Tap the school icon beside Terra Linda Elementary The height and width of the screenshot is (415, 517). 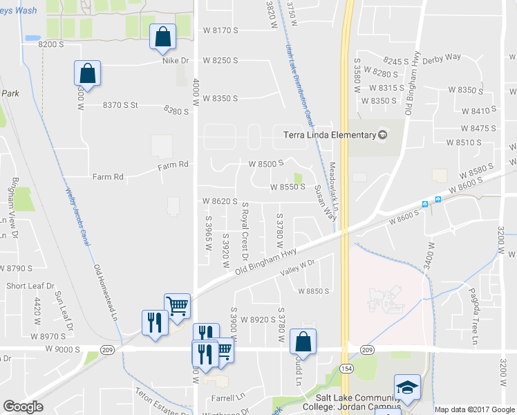coord(381,135)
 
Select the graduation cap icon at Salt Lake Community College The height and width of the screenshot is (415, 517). coord(407,387)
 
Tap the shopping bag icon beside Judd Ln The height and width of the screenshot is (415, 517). coord(303,342)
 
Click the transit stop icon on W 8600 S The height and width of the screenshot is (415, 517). coord(425,204)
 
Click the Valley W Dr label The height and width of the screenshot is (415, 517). coord(297,268)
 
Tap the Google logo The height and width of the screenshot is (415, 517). coord(23,407)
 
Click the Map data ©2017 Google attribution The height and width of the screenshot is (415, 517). coord(475,409)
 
